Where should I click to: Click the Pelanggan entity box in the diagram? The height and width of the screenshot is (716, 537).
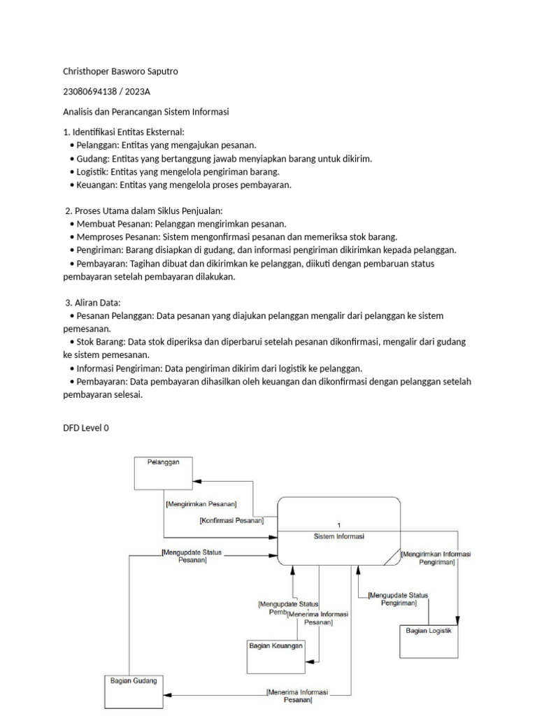[x=163, y=472]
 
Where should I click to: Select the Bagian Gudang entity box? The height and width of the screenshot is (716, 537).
[x=134, y=692]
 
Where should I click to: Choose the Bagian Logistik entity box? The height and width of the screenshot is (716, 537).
[x=429, y=640]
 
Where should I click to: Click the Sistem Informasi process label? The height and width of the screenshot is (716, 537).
[x=339, y=537]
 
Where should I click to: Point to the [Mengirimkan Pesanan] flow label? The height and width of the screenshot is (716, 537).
[x=201, y=503]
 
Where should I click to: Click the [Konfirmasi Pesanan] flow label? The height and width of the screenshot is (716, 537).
[x=231, y=520]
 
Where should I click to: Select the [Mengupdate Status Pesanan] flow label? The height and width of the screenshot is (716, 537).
[x=192, y=556]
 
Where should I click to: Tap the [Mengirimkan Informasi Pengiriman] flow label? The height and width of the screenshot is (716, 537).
[x=436, y=557]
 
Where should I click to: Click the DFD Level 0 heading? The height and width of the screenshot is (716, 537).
[x=86, y=428]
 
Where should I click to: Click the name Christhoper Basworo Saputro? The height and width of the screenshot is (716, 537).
[x=125, y=71]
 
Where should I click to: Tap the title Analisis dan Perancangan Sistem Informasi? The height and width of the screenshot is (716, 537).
[x=146, y=112]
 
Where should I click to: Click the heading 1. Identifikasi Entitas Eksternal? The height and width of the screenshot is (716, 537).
[x=124, y=132]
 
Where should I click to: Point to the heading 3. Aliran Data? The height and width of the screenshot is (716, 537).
[x=93, y=303]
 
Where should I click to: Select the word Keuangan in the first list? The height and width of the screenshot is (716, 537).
[x=96, y=185]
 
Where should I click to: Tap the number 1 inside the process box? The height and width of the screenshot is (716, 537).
[x=339, y=524]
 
